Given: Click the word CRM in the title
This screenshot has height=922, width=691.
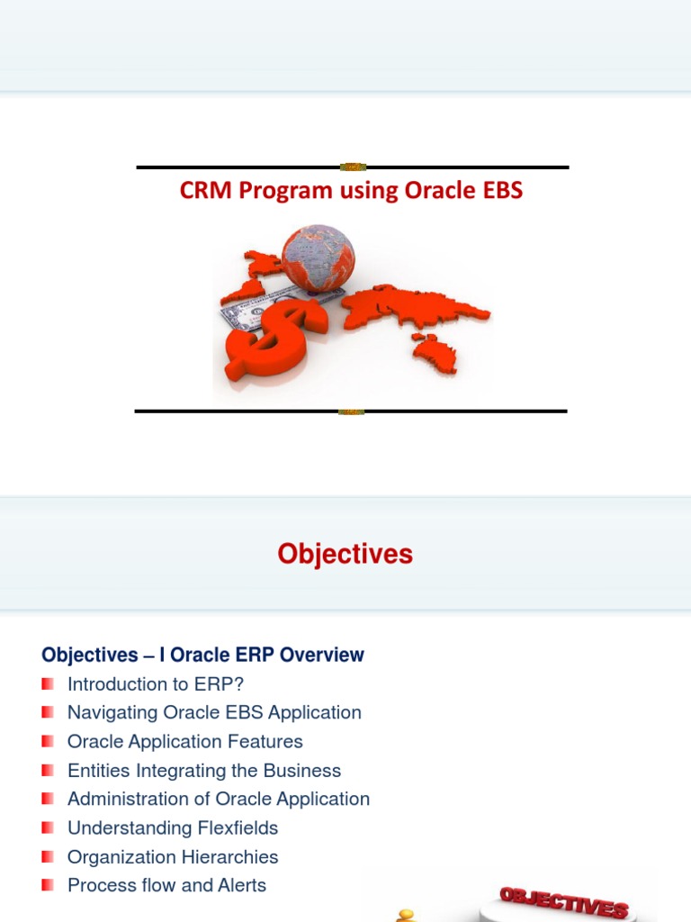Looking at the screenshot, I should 205,192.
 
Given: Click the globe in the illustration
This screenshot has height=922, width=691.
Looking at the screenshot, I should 318,258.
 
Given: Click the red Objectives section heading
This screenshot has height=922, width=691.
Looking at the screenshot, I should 345,554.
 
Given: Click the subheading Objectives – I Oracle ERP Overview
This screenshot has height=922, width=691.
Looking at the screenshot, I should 202,655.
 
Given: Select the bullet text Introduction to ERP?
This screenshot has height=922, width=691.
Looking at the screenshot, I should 156,683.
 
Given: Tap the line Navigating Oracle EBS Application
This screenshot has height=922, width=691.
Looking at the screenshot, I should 214,712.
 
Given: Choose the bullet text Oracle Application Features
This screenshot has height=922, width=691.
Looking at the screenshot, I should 184,741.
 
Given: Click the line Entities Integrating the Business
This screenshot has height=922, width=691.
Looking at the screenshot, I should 204,771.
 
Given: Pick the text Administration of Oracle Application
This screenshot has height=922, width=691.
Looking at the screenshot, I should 219,799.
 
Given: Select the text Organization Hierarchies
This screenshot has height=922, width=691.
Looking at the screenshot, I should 173,857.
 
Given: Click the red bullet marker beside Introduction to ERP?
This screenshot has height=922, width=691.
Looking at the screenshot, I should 48,683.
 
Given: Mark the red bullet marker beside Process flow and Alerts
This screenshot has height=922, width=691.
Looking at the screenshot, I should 48,885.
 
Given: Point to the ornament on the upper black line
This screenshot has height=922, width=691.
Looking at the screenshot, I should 353,167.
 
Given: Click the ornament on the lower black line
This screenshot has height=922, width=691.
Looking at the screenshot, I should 351,411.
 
